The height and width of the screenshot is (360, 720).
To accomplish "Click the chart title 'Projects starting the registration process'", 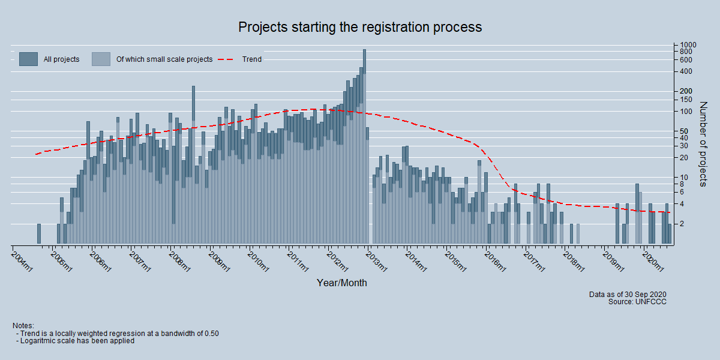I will [x=360, y=28].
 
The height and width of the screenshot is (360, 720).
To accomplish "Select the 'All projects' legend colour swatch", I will [x=28, y=59].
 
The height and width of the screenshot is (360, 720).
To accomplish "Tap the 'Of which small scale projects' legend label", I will [x=164, y=59].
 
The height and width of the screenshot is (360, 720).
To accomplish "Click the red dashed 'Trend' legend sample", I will [x=227, y=59].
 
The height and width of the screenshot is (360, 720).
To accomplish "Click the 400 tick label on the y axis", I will [x=686, y=72].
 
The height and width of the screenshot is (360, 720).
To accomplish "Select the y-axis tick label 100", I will [x=686, y=112].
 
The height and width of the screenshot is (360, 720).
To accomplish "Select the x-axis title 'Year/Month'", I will [x=342, y=283].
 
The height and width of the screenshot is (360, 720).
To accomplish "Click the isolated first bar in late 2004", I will [x=39, y=234].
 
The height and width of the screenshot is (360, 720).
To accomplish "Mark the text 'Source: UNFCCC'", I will [x=637, y=302].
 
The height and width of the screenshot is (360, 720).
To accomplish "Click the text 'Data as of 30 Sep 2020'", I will [x=628, y=294].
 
